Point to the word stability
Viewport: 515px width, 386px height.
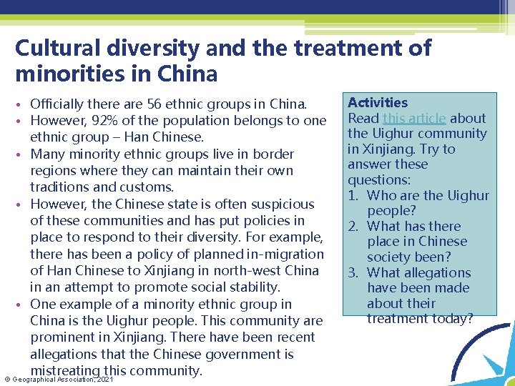coord(255,287)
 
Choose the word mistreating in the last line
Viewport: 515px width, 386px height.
coord(65,370)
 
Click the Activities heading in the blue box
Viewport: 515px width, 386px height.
coord(378,103)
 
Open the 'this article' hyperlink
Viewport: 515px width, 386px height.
coord(415,119)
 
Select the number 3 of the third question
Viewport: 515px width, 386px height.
coord(353,273)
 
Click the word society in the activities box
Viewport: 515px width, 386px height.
coord(391,257)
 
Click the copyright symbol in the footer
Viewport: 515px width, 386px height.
coord(6,379)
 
